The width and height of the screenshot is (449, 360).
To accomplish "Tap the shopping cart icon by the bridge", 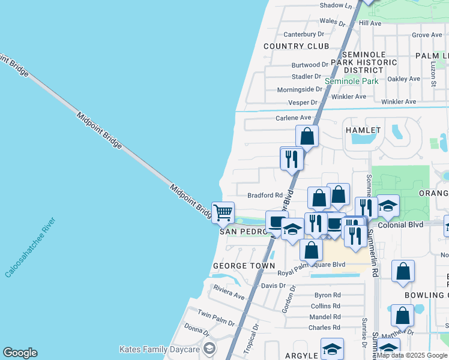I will tap(223, 212).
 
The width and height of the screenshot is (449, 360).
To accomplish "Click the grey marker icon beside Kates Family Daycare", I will tap(209, 349).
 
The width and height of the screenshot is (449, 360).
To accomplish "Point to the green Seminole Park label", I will tap(351, 81).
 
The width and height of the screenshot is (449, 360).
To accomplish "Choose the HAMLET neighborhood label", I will tap(362, 130).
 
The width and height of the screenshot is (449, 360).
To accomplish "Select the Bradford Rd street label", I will tap(265, 195).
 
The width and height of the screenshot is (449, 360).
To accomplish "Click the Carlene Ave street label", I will tap(294, 118).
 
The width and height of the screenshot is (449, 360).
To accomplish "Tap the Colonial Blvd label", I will tap(403, 224).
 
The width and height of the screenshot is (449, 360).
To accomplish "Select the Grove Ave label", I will tap(427, 35).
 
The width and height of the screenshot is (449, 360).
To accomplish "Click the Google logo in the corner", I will tap(20, 353).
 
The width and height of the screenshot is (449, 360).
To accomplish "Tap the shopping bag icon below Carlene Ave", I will tap(307, 136).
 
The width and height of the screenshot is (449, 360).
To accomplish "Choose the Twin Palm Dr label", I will tap(215, 316).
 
